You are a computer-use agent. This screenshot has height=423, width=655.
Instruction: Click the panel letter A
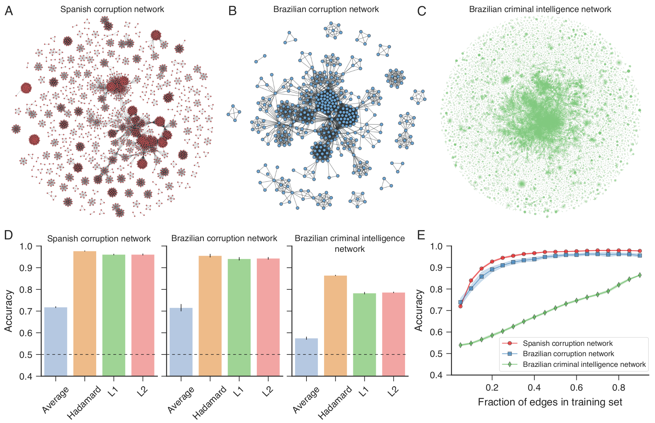click(x=9, y=11)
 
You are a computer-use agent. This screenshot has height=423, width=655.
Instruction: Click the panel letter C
click(x=421, y=11)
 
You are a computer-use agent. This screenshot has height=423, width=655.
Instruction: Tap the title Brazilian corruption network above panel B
click(x=326, y=9)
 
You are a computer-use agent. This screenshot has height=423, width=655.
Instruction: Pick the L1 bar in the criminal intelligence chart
click(x=364, y=334)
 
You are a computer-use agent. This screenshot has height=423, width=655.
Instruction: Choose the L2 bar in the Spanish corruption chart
click(x=143, y=315)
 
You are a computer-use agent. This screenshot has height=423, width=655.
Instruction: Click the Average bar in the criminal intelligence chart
click(x=306, y=357)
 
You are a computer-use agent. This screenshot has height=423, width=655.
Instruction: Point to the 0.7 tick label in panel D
click(x=26, y=311)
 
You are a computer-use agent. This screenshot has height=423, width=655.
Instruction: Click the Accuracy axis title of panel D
click(x=8, y=311)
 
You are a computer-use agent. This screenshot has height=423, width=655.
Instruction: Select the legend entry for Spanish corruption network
click(x=567, y=343)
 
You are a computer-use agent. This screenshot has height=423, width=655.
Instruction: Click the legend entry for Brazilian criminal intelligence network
click(x=584, y=364)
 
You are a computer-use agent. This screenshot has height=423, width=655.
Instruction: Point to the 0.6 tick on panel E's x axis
click(x=576, y=388)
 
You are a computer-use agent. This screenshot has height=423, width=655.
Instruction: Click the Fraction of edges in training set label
click(x=550, y=402)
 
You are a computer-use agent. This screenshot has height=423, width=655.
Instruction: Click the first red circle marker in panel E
click(x=460, y=306)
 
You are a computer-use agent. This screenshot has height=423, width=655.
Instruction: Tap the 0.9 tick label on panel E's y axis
click(x=437, y=268)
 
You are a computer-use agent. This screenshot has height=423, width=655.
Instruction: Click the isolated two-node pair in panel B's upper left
click(x=260, y=59)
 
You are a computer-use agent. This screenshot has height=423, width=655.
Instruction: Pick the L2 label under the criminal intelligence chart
click(x=393, y=391)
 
